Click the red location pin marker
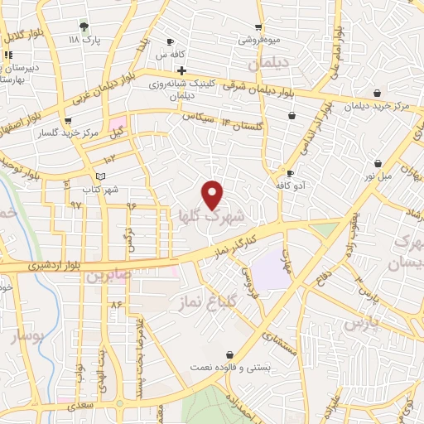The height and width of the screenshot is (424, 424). [x=213, y=195]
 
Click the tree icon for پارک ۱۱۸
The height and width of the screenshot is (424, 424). [x=84, y=26]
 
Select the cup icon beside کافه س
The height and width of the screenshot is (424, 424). [x=171, y=42]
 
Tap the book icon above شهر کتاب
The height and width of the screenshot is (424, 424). [x=101, y=176]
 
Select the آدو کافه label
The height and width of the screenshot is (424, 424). [x=294, y=187]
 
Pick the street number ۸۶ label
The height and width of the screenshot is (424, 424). [x=116, y=305]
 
